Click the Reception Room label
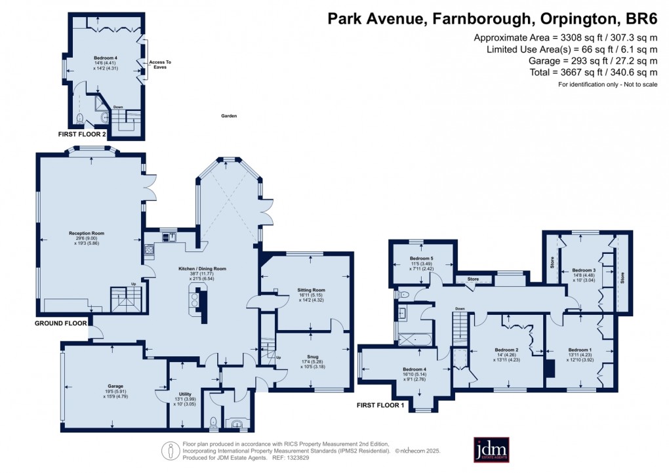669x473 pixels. pos(87,233)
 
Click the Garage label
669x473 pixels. pos(115,386)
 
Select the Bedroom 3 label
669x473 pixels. pos(583,270)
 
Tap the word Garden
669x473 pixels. pos(228,116)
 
